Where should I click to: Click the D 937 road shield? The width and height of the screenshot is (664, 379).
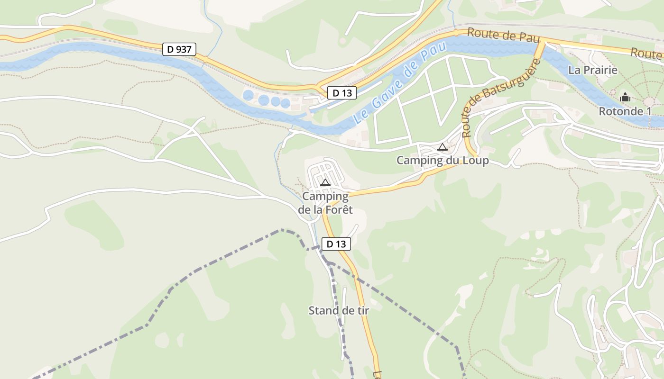[x=179, y=49]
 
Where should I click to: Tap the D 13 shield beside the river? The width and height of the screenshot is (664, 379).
[x=341, y=93]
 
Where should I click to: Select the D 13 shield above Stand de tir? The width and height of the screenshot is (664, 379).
[x=336, y=244]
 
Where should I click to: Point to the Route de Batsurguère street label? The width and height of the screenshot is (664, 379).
[x=502, y=98]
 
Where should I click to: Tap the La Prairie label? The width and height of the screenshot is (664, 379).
[x=593, y=70]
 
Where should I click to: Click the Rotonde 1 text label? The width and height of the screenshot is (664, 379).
[x=625, y=111]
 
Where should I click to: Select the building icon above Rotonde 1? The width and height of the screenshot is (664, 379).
[x=625, y=98]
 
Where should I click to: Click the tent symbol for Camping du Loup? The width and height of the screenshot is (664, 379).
[x=443, y=147]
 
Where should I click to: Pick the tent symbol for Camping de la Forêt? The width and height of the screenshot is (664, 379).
[x=325, y=183]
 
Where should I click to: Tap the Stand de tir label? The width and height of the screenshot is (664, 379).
[x=339, y=311]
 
